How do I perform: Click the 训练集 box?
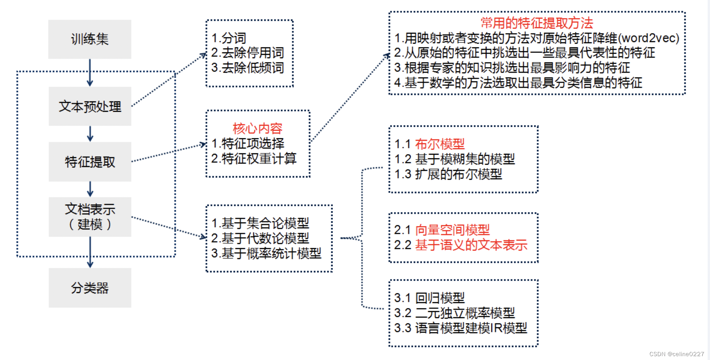(90, 39)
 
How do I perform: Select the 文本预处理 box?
(90, 106)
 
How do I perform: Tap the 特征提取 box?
(90, 162)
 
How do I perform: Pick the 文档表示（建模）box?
(90, 217)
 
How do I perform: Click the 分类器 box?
(90, 288)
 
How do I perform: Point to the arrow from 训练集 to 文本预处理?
(90, 73)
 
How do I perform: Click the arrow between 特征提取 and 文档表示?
(90, 189)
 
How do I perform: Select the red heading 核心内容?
(257, 128)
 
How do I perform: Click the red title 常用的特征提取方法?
(537, 23)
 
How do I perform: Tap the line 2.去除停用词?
(247, 53)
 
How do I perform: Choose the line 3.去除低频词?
(247, 68)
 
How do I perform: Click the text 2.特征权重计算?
(254, 158)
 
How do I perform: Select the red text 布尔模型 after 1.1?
(440, 144)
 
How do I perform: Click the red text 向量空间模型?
(453, 230)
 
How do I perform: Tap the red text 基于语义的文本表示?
(471, 245)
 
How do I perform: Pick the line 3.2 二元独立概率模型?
(454, 313)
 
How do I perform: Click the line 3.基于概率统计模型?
(266, 253)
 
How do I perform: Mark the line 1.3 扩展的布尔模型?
(448, 174)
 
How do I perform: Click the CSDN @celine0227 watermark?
(676, 354)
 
